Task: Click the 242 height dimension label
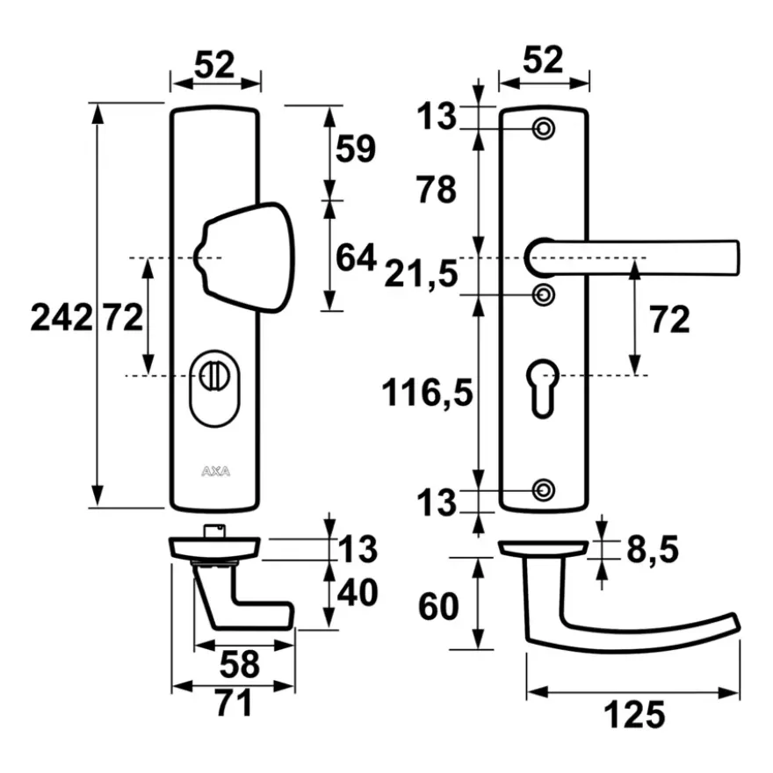click(61, 317)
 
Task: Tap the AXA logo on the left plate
click(215, 472)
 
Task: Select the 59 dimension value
click(356, 148)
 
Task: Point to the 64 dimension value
click(356, 257)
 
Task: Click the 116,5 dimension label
click(427, 393)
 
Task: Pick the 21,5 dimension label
click(421, 274)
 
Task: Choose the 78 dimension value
click(437, 190)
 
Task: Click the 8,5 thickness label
click(652, 550)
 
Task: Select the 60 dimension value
click(438, 606)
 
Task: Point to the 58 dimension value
click(239, 664)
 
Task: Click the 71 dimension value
click(233, 703)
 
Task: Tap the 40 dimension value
click(358, 592)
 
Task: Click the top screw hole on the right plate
click(543, 129)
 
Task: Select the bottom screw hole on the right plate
click(543, 490)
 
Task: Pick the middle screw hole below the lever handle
click(543, 295)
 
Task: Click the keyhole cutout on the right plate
click(543, 388)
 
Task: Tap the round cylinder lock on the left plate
click(215, 388)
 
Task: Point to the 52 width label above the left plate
click(214, 65)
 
